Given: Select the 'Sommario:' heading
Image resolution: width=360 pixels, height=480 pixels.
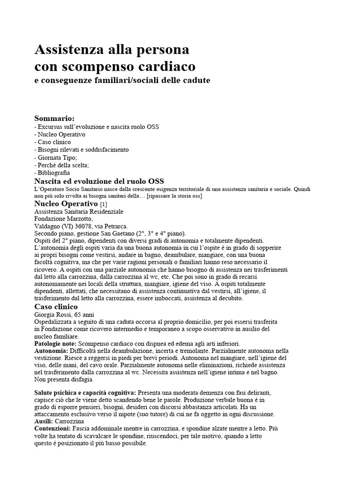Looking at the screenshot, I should coord(55,118).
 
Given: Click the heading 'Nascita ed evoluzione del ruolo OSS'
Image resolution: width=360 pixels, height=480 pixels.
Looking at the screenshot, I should coord(99,181).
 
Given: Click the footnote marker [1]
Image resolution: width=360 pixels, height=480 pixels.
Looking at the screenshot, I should coord(104,204).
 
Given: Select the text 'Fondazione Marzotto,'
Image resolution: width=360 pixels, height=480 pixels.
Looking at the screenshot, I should coord(64,218).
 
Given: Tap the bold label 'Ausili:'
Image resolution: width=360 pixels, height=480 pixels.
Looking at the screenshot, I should coord(44,421).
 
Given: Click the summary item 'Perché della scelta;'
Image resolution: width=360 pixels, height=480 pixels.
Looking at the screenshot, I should coord(62,165).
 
